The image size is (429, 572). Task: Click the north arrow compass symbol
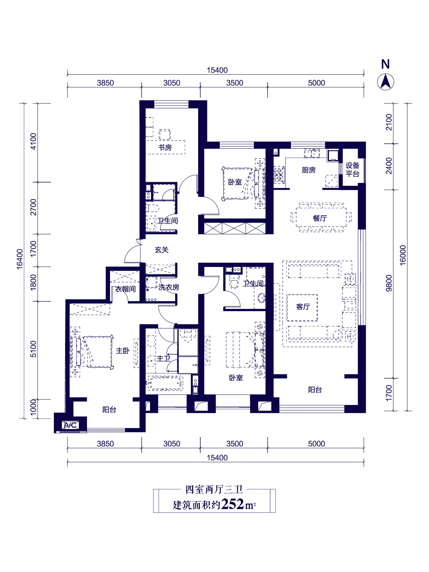click(385, 82)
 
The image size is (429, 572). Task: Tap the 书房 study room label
click(165, 148)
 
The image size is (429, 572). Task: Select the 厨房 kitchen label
click(309, 170)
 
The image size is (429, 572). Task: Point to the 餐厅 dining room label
click(320, 218)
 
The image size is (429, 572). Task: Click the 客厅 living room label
click(303, 306)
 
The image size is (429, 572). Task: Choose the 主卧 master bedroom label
click(123, 351)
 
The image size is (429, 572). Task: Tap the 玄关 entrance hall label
click(162, 250)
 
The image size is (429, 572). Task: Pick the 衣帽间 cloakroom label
click(125, 289)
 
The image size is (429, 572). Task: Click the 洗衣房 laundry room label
click(169, 287)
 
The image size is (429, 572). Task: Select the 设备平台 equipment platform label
click(352, 170)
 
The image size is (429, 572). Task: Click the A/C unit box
click(70, 425)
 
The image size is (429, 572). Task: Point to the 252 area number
click(232, 504)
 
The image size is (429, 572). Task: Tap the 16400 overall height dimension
click(19, 259)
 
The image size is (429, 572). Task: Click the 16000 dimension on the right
click(403, 255)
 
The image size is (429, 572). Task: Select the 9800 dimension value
click(389, 283)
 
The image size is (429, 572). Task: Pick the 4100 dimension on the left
click(33, 141)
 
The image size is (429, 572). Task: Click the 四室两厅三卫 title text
click(214, 490)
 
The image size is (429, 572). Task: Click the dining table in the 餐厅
click(321, 217)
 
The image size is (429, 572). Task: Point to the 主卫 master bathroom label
click(163, 358)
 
